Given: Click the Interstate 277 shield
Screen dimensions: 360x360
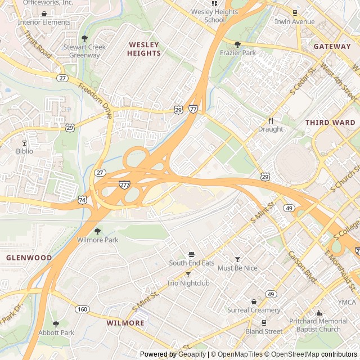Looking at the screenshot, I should point(124,184).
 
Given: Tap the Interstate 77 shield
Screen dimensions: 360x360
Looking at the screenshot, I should point(193,109).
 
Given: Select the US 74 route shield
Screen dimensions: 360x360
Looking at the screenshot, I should point(83,199).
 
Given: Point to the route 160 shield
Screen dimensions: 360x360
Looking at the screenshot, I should point(83,309).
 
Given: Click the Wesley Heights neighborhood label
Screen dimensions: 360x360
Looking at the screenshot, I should point(144,48).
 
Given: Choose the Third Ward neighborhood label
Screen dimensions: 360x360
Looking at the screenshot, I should point(330,122).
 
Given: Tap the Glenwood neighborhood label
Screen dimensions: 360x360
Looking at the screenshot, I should point(29,258).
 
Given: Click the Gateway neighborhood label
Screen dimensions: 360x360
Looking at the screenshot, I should point(332,46).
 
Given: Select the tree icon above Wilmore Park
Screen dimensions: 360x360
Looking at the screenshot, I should point(97,231).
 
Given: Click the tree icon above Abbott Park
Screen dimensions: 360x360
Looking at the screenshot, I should point(56,324).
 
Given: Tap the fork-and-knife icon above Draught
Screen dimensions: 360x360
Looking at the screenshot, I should point(271,120).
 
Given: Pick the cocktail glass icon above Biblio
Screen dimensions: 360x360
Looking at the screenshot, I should point(24,143).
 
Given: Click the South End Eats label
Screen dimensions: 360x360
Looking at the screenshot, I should point(192,263).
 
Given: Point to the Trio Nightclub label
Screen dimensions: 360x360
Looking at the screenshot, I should point(188,283).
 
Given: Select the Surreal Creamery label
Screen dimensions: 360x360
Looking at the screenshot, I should point(254,310).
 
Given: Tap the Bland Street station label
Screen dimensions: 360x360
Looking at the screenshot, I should point(264,331).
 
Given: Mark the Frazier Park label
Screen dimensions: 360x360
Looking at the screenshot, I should point(237,52).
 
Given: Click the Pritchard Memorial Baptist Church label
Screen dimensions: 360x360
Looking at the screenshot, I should point(319,325).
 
